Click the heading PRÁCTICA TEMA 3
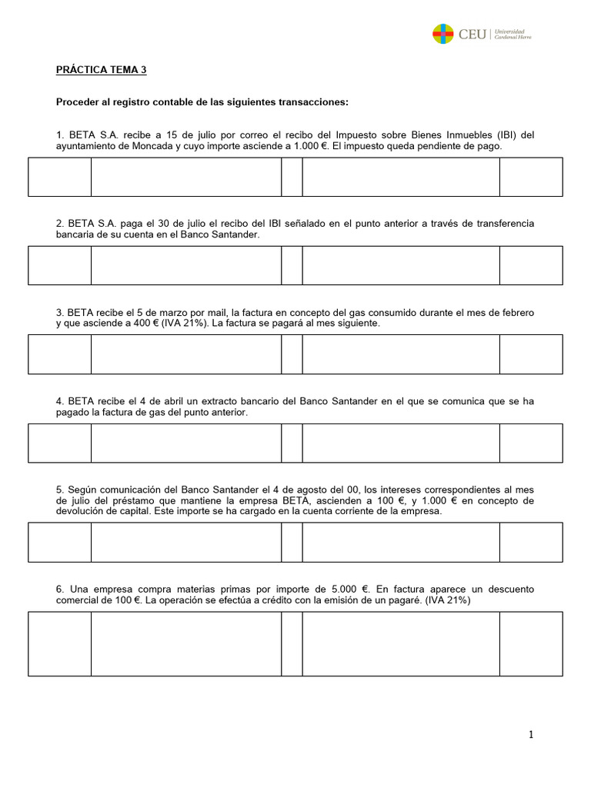101,70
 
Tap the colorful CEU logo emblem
442,34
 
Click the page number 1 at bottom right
530,735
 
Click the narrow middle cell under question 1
292,177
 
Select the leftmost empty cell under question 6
60,643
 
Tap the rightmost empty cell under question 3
530,354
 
